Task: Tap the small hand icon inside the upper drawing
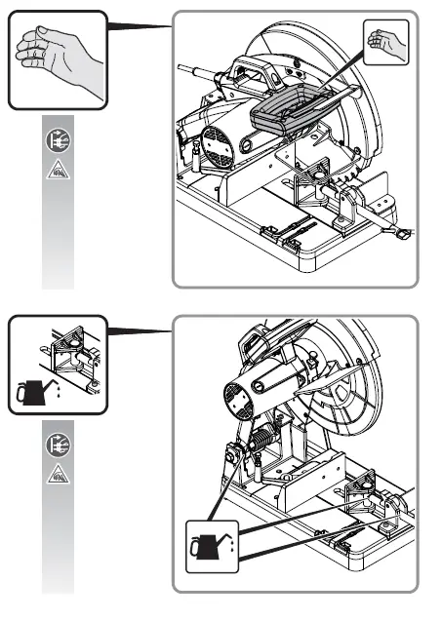(387, 42)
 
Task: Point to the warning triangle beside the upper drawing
(58, 172)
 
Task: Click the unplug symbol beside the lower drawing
(58, 446)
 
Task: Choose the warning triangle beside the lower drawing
(58, 475)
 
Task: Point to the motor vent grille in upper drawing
(217, 146)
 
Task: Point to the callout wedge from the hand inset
(137, 24)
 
